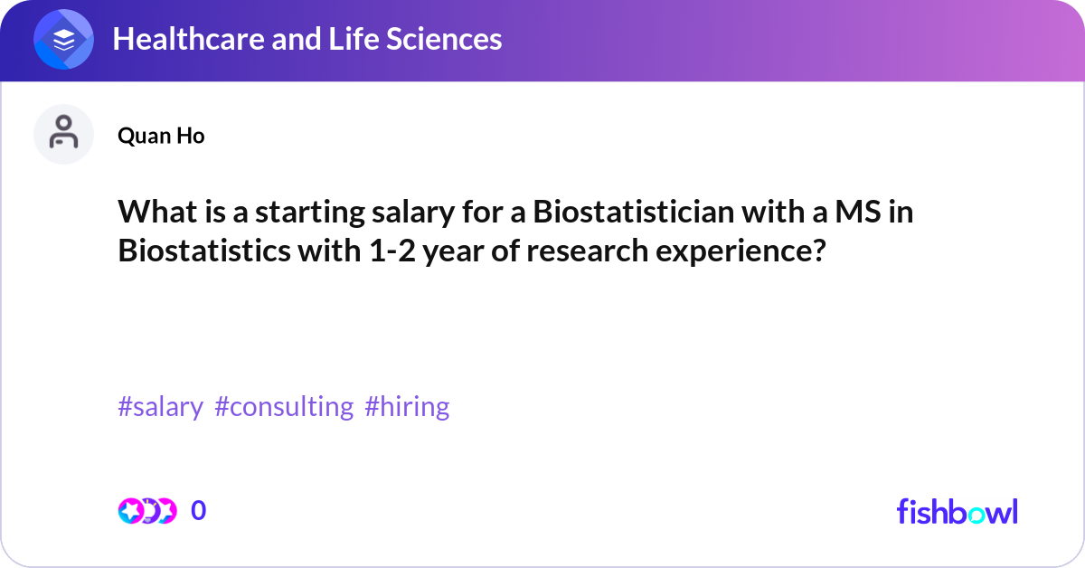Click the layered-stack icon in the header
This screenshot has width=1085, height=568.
point(63,41)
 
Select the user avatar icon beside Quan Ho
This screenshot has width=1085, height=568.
point(63,134)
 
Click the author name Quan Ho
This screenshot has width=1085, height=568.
point(161,136)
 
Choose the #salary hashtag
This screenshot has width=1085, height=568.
point(160,407)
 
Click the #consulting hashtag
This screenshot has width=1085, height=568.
point(284,407)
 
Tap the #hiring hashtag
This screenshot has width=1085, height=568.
point(407,407)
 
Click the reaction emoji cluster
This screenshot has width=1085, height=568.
point(146,511)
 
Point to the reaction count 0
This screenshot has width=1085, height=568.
point(199,511)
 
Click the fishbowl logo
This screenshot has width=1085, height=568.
point(957,511)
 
